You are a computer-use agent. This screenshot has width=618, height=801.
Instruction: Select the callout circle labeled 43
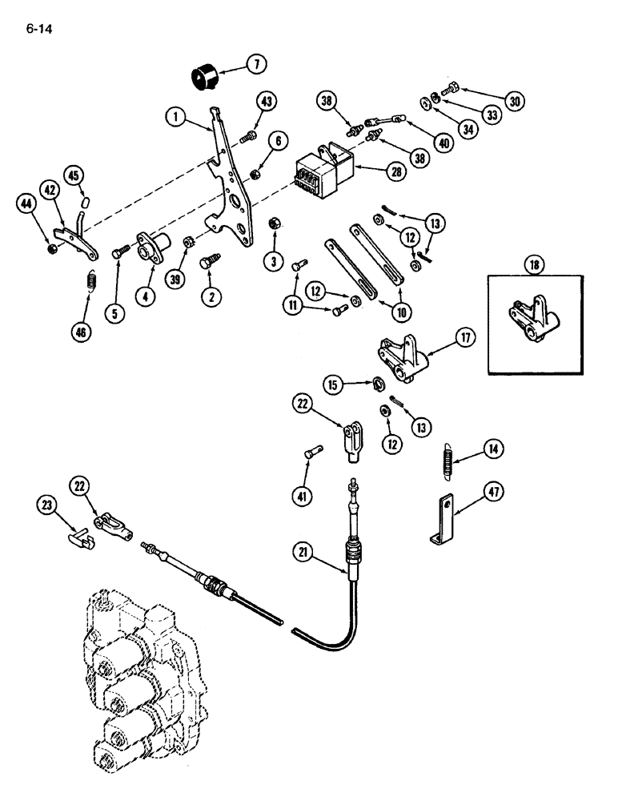coord(267,102)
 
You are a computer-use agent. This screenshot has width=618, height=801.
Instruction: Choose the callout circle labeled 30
coord(515,102)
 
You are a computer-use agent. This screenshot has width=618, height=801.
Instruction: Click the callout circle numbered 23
coord(47,504)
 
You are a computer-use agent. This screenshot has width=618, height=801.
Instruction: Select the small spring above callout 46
coord(90,282)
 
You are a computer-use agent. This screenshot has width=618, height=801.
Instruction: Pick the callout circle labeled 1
coord(178,116)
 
